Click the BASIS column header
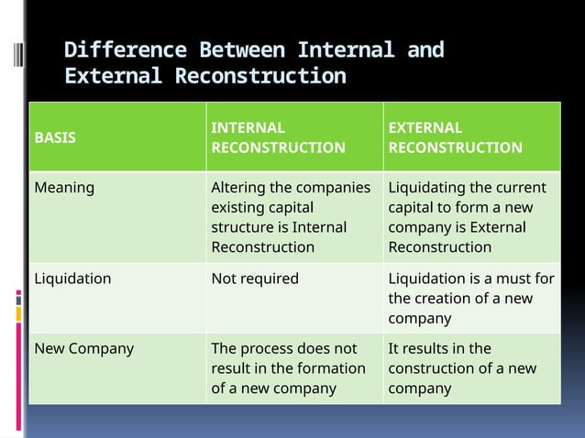55,137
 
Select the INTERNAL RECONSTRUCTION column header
278,137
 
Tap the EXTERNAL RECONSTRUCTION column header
455,137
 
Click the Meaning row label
64,188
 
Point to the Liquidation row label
72,278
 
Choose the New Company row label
83,348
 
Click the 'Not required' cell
255,278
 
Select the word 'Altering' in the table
238,188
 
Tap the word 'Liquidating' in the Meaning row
426,188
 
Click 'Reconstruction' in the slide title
260,76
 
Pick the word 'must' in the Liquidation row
514,278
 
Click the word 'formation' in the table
333,368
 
